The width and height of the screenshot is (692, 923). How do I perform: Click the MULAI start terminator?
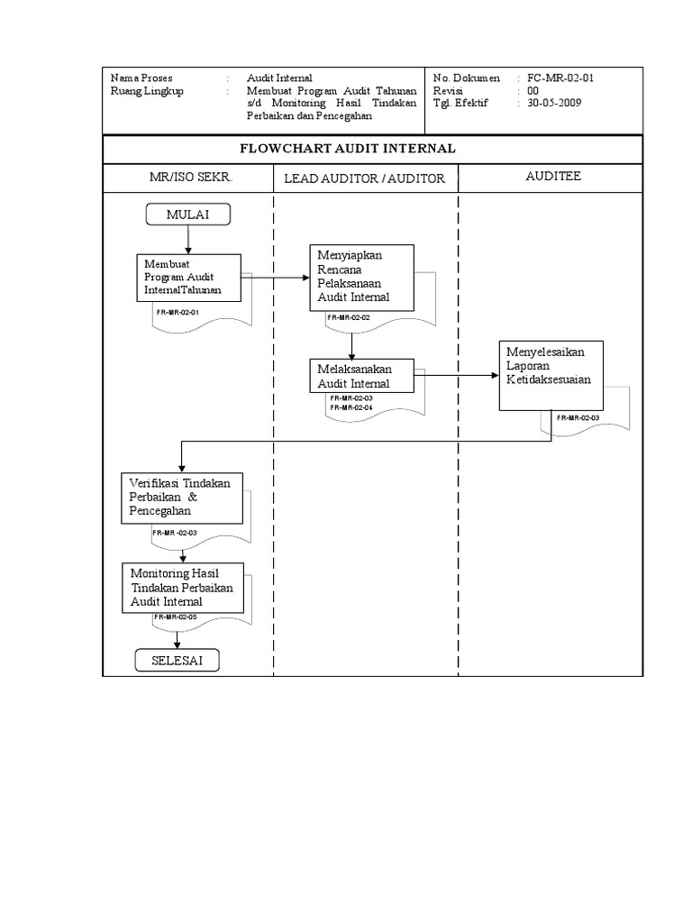click(x=187, y=215)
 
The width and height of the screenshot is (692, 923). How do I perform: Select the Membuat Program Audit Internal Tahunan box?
click(x=189, y=277)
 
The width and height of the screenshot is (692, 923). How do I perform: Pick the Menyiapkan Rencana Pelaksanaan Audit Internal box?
click(x=361, y=277)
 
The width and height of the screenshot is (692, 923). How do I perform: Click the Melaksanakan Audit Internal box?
click(x=361, y=376)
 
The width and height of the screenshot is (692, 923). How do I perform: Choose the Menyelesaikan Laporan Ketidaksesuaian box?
click(x=551, y=375)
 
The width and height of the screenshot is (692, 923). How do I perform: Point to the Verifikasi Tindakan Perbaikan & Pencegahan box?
click(x=181, y=497)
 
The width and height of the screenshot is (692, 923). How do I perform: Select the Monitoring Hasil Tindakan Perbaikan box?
click(x=183, y=587)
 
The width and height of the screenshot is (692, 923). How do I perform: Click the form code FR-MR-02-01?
click(x=177, y=312)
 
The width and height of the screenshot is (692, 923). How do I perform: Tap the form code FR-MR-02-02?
click(x=349, y=317)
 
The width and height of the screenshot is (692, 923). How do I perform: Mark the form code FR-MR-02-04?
click(x=351, y=407)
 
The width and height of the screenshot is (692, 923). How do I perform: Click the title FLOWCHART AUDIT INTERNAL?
click(x=372, y=149)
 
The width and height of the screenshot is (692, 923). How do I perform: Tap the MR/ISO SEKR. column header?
click(x=190, y=178)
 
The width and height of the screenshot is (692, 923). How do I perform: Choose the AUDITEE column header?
click(x=553, y=177)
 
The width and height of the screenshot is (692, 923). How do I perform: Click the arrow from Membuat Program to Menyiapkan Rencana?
click(x=275, y=278)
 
